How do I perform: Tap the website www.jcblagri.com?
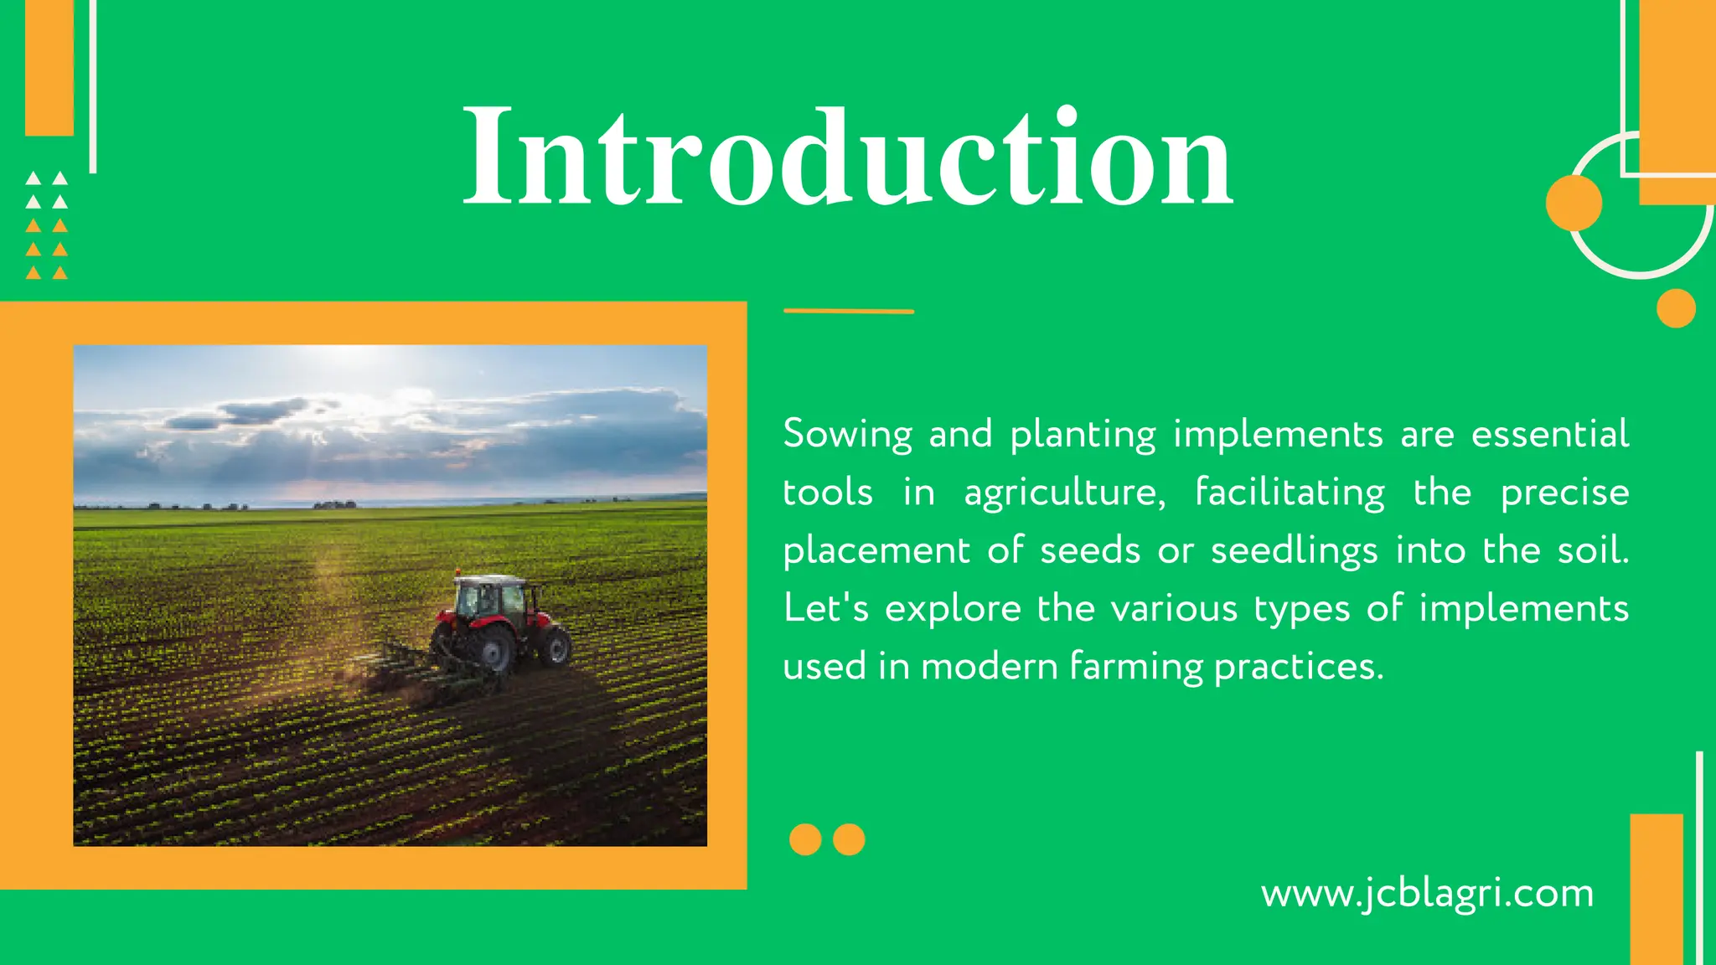1427,894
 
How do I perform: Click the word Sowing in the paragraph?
847,435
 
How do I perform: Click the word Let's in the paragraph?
825,608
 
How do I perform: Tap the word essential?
1550,435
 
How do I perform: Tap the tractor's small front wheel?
555,648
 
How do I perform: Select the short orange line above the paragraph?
848,311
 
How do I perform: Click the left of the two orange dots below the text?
805,839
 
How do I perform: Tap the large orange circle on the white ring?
1574,203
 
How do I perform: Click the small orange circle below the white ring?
1676,308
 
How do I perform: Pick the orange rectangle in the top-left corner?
49,67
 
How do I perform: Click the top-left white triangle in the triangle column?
34,178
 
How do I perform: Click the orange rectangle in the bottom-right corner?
1656,888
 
